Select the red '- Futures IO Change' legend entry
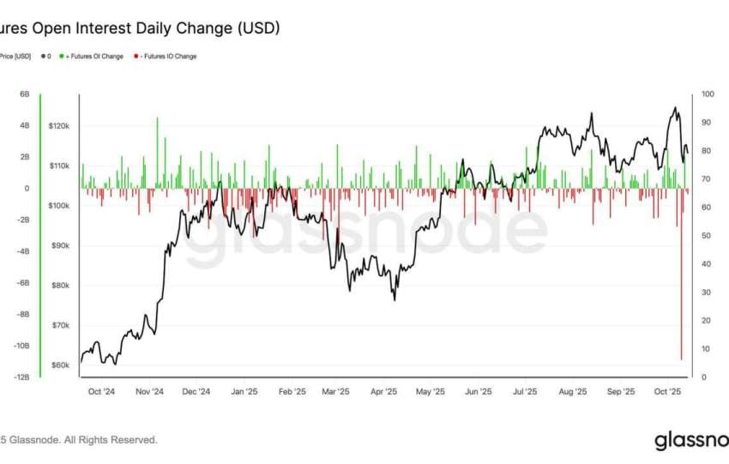click(x=166, y=57)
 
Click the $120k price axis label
click(x=59, y=126)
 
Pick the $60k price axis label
click(x=60, y=365)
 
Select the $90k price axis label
click(x=60, y=246)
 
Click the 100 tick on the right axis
click(x=708, y=94)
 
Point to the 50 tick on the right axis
click(x=706, y=236)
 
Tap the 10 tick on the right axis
click(x=706, y=349)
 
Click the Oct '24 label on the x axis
click(x=101, y=392)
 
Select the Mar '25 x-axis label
click(x=335, y=392)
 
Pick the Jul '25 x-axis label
click(x=524, y=392)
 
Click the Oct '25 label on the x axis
click(x=666, y=392)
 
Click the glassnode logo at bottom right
click(x=691, y=441)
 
